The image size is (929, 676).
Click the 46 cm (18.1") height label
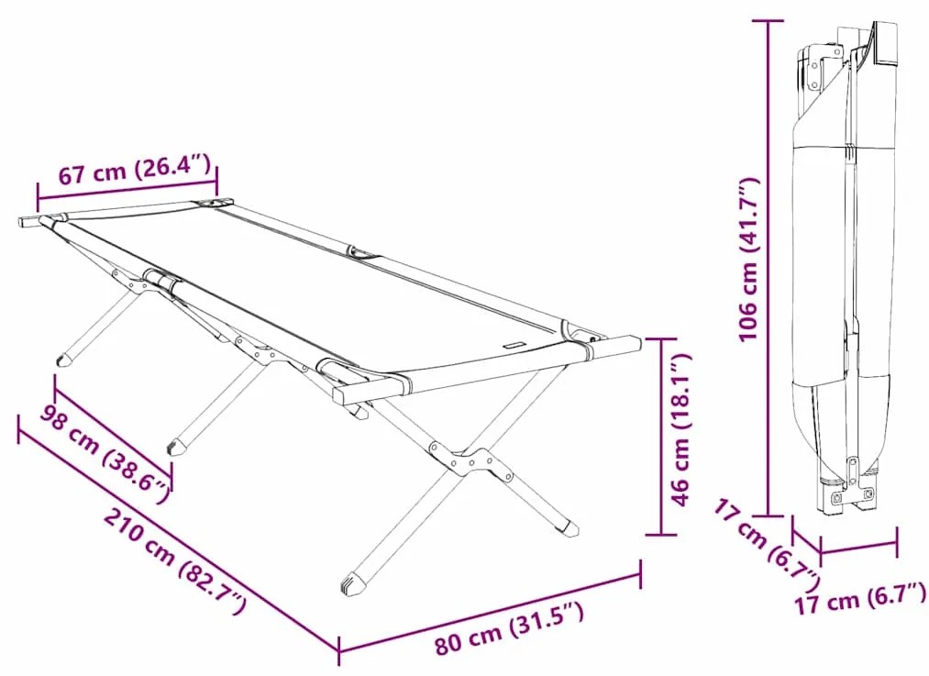(681, 429)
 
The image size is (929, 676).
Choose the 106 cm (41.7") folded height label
(748, 259)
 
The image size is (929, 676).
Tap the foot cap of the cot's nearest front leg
(354, 583)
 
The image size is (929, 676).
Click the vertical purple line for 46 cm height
(661, 437)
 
